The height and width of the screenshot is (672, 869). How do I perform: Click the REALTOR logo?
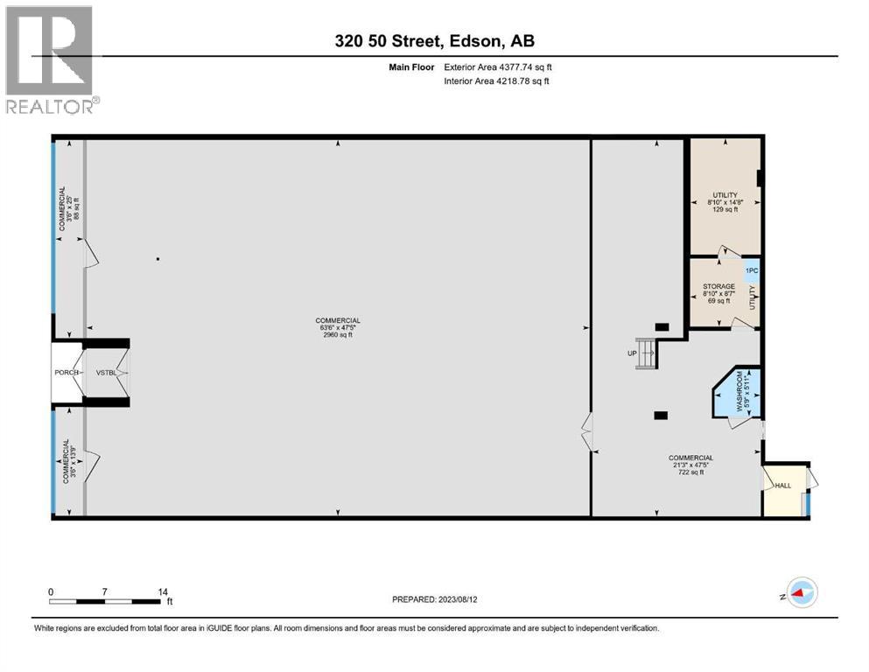(x=50, y=59)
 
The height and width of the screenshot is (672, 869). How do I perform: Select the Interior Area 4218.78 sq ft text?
(x=496, y=81)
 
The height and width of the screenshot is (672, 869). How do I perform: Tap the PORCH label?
(x=67, y=373)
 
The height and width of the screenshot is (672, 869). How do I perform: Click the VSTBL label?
(x=106, y=373)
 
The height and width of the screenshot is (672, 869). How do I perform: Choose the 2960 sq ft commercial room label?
(x=338, y=327)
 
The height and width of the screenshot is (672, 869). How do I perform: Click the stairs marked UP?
(x=646, y=354)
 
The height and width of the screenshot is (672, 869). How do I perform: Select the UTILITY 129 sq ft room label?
(x=724, y=202)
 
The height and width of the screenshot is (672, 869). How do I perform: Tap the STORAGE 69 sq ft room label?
(x=718, y=293)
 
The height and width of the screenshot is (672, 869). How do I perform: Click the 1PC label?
(x=751, y=271)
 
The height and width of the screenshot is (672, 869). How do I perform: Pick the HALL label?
(x=781, y=486)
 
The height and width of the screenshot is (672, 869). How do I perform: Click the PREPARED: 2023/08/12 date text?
(x=434, y=600)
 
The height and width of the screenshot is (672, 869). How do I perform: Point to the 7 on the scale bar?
(x=104, y=592)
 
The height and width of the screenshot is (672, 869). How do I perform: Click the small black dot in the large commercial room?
(x=158, y=259)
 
